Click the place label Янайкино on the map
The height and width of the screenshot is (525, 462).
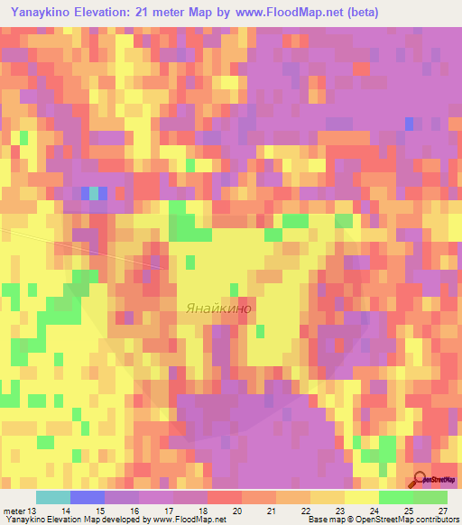coord(219,308)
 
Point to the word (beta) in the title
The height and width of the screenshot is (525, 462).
coord(361,12)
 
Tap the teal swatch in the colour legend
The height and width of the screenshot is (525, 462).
coord(53,497)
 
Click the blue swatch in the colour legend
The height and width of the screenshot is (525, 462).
coord(88,497)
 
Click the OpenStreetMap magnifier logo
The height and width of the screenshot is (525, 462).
coord(421,480)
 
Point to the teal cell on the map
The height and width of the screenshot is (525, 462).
coord(94,192)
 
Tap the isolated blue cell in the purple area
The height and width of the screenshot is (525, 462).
coord(410,123)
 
